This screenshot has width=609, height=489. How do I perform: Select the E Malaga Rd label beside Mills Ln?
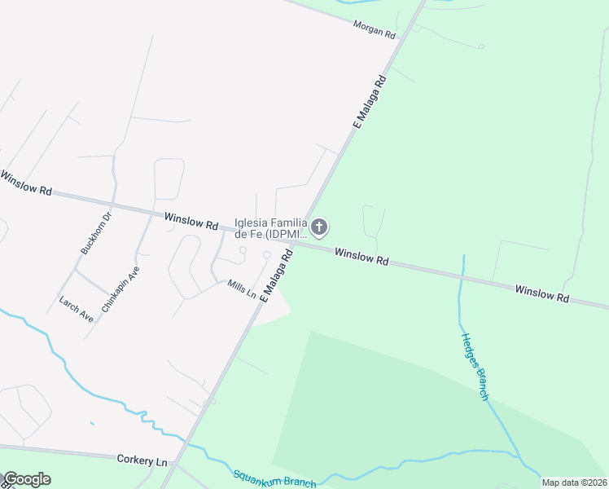[276, 278]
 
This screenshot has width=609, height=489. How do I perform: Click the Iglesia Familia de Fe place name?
[270, 227]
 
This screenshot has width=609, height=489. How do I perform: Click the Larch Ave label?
[76, 308]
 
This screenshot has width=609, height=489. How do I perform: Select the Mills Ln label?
[242, 288]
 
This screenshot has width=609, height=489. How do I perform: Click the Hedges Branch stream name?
[474, 366]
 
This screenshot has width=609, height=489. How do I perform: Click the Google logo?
[27, 479]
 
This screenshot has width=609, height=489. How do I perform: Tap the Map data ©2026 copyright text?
[574, 482]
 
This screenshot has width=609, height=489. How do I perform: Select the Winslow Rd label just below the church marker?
[361, 258]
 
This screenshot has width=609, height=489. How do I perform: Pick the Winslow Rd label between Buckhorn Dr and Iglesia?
[191, 221]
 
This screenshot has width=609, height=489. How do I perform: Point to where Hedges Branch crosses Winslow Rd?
[462, 275]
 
